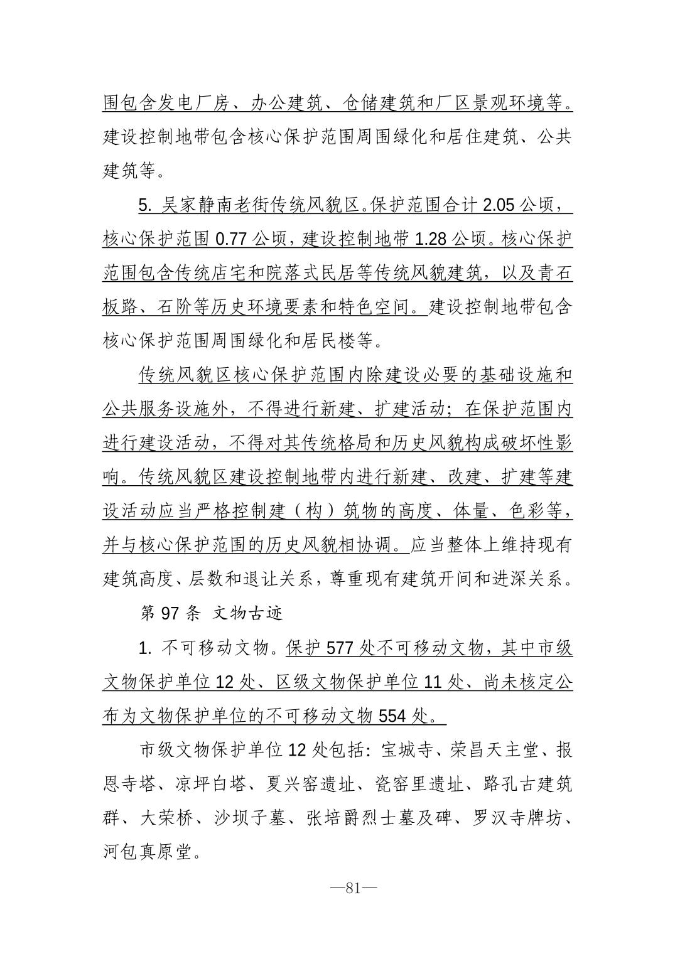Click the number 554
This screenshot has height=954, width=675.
coord(392,715)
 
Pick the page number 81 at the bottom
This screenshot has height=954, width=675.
coord(352,888)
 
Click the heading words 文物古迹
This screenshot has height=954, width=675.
coord(248,613)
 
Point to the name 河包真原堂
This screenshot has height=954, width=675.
coord(148,852)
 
